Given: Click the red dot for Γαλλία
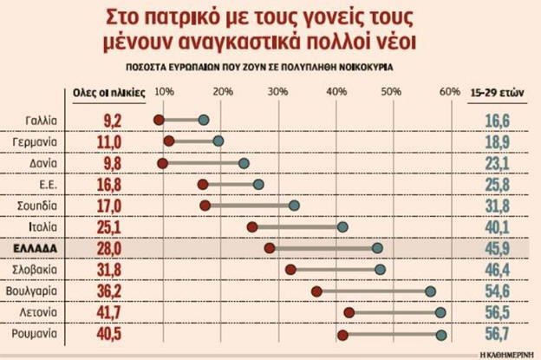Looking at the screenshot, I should coord(159,120).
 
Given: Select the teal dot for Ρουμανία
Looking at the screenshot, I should coord(441,334).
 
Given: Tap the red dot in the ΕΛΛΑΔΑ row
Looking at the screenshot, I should coord(270,248).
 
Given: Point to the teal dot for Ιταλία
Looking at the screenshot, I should coord(342,226).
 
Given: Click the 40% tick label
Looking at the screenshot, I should coord(334,92).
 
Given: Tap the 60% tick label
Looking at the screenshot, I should coord(449,92).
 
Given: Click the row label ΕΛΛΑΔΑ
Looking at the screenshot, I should coord(35,248).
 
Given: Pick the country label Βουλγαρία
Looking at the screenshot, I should coord(32,291).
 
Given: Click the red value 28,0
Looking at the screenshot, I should coord(106,248).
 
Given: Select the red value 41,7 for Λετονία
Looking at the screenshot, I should coord(106,312).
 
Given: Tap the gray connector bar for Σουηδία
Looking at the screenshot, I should coord(250,206).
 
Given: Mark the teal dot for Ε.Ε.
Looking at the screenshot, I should coord(258,184).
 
